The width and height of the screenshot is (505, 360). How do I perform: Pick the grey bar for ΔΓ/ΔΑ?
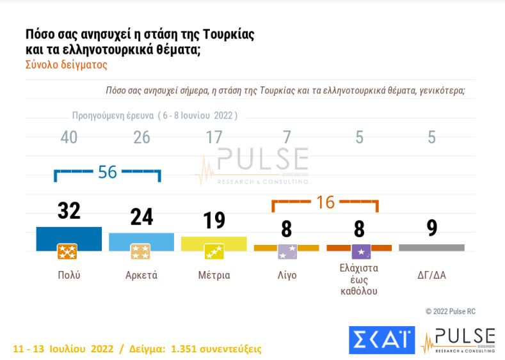pos(431,247)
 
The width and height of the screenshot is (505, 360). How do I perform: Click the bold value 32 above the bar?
pos(68,210)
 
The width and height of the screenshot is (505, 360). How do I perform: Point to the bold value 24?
pos(141,217)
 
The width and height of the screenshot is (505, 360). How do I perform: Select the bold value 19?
pos(213,220)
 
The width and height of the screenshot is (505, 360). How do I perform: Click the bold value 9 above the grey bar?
pos(431,228)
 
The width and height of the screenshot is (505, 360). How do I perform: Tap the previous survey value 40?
pos(68,137)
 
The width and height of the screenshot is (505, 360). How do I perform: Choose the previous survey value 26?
pos(141,137)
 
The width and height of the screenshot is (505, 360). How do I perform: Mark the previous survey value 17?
pos(213,137)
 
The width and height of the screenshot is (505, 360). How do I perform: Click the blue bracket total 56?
pos(108,172)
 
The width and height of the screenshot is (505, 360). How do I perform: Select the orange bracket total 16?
pos(325,203)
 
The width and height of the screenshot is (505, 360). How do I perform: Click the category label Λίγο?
pos(286,276)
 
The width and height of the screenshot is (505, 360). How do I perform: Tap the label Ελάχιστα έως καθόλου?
pos(359,279)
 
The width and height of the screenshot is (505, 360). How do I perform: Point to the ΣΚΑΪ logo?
pos(382,340)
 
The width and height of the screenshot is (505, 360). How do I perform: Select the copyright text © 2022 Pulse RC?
pos(451,311)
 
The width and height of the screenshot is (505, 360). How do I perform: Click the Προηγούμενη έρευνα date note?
pos(154,116)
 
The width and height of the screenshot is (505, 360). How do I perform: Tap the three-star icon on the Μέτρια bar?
pos(213,252)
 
